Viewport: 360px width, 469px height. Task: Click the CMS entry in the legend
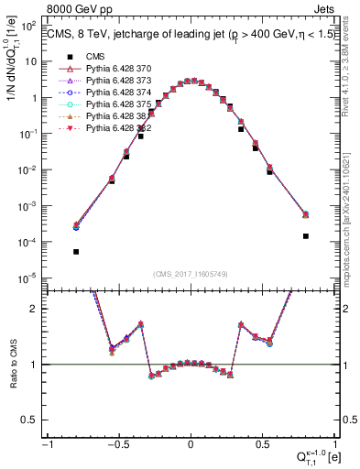click(x=93, y=57)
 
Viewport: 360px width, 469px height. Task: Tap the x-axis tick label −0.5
click(x=118, y=444)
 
